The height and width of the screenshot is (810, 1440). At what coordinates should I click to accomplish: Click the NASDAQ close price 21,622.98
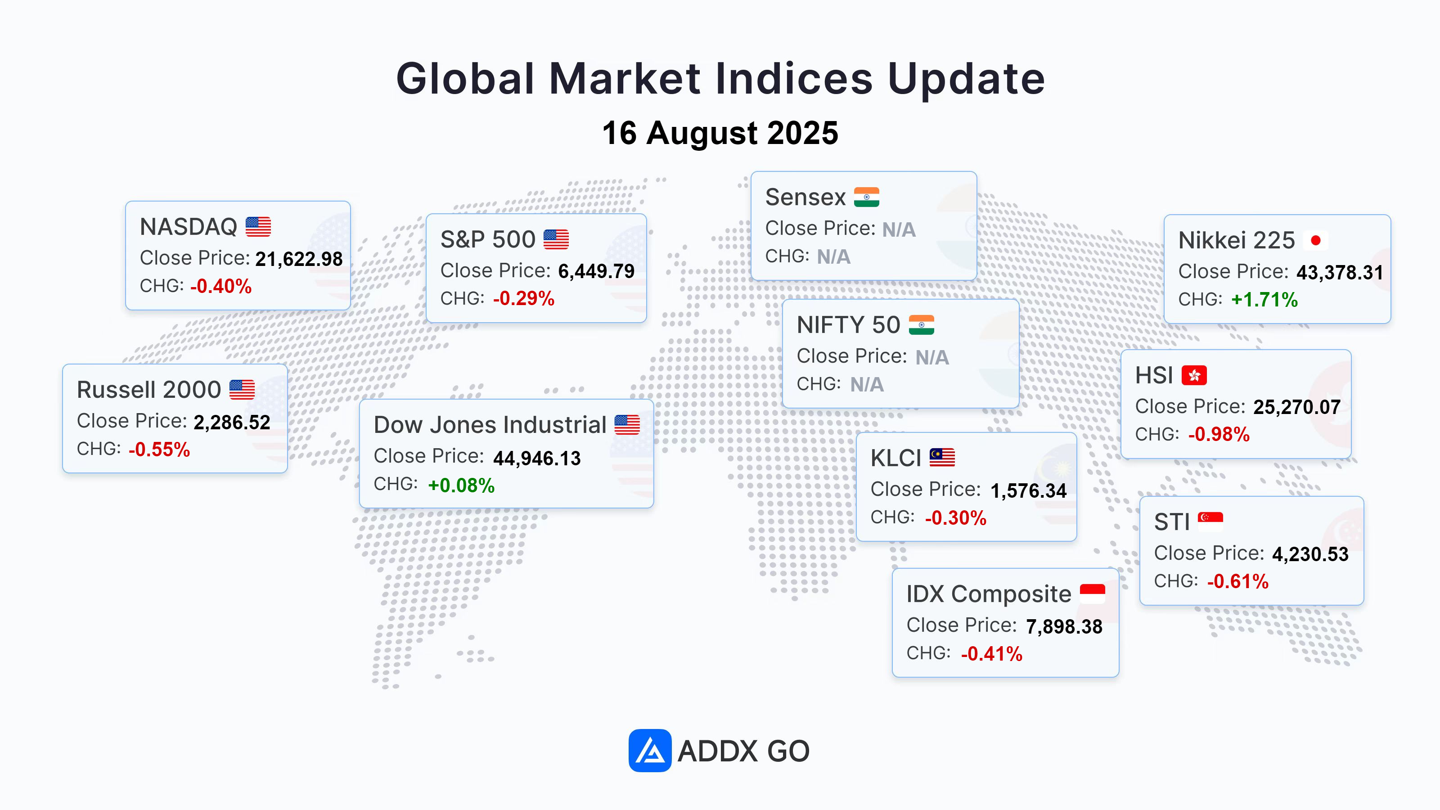pyautogui.click(x=299, y=259)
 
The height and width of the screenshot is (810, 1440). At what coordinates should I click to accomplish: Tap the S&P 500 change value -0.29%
pyautogui.click(x=524, y=298)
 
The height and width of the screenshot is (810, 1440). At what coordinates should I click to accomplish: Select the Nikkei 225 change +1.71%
pyautogui.click(x=1264, y=300)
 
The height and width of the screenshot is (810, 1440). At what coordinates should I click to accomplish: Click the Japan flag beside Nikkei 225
pyautogui.click(x=1315, y=240)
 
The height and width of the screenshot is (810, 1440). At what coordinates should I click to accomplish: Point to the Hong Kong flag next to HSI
pyautogui.click(x=1194, y=375)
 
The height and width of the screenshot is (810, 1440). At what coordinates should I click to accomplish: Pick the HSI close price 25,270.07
pyautogui.click(x=1297, y=407)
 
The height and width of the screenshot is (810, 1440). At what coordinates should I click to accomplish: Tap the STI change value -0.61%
pyautogui.click(x=1237, y=581)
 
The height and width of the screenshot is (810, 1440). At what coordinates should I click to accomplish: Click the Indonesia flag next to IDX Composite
pyautogui.click(x=1092, y=594)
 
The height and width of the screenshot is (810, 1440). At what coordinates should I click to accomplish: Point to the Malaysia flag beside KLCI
pyautogui.click(x=942, y=457)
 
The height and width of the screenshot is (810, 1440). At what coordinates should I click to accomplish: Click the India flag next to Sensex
pyautogui.click(x=866, y=197)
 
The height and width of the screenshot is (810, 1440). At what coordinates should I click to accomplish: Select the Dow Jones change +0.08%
pyautogui.click(x=461, y=485)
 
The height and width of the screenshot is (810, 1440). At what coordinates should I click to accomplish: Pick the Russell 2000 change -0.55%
pyautogui.click(x=159, y=450)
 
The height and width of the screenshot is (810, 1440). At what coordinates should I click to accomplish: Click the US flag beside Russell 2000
pyautogui.click(x=242, y=390)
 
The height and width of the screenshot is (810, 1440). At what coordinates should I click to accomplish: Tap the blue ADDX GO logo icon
pyautogui.click(x=649, y=750)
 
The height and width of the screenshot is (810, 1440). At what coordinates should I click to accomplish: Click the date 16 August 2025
pyautogui.click(x=720, y=133)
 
